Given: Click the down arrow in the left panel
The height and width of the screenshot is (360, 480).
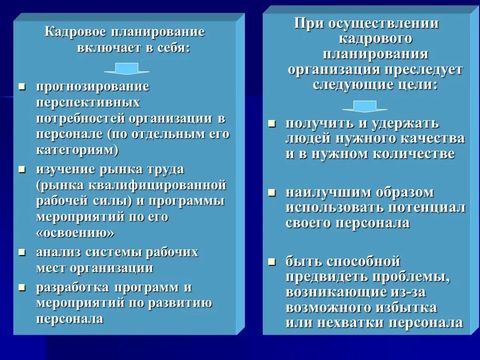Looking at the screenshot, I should point(127,69).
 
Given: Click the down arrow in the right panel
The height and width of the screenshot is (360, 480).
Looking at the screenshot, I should point(365,106).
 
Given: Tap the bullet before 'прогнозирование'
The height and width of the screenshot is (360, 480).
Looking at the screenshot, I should point(22,86).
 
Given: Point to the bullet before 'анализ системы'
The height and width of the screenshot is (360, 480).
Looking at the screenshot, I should point(22,252).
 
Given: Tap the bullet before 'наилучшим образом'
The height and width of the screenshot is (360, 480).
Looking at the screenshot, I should point(271,192).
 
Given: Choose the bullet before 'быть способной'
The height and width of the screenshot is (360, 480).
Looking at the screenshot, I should point(271,260).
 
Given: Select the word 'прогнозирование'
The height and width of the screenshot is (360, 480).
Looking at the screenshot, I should point(93,87).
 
